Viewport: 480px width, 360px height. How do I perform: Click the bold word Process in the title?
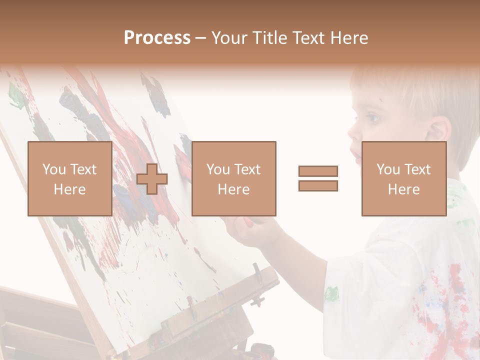point(157,37)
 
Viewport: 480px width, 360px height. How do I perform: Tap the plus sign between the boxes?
point(152,179)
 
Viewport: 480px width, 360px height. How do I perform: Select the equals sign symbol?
point(318,178)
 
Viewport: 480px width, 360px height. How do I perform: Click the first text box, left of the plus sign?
point(69,178)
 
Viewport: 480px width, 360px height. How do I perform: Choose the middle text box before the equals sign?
point(233,178)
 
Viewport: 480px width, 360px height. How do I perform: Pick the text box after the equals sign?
point(403,178)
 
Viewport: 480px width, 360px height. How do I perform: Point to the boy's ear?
point(438,131)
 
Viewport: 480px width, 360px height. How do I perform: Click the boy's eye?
point(372,119)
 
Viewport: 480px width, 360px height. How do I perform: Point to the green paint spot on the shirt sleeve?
point(331,293)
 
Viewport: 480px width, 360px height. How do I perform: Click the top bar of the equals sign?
point(318,171)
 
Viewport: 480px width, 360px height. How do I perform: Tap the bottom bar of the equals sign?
point(318,186)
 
